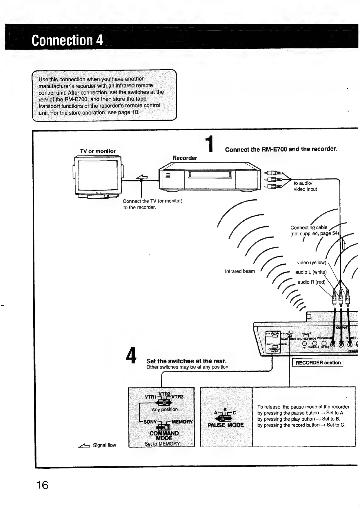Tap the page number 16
pyautogui.click(x=42, y=485)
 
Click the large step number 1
pyautogui.click(x=209, y=144)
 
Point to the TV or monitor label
pyautogui.click(x=98, y=151)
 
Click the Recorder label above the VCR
pyautogui.click(x=185, y=158)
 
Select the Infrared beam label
pyautogui.click(x=240, y=271)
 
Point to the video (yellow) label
pyautogui.click(x=311, y=263)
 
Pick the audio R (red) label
pyautogui.click(x=311, y=282)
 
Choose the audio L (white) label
pyautogui.click(x=311, y=272)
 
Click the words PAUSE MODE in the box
pyautogui.click(x=225, y=425)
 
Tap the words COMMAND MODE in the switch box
pyautogui.click(x=164, y=436)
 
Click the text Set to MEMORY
pyautogui.click(x=163, y=444)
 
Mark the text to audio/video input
pyautogui.click(x=305, y=186)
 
